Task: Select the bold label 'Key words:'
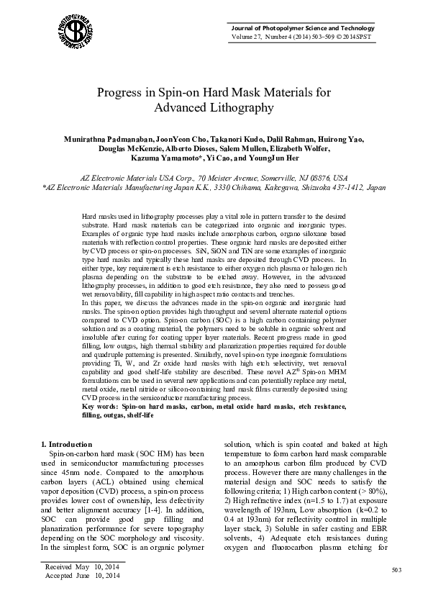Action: coord(101,407)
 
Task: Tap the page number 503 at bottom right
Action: coord(396,570)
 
